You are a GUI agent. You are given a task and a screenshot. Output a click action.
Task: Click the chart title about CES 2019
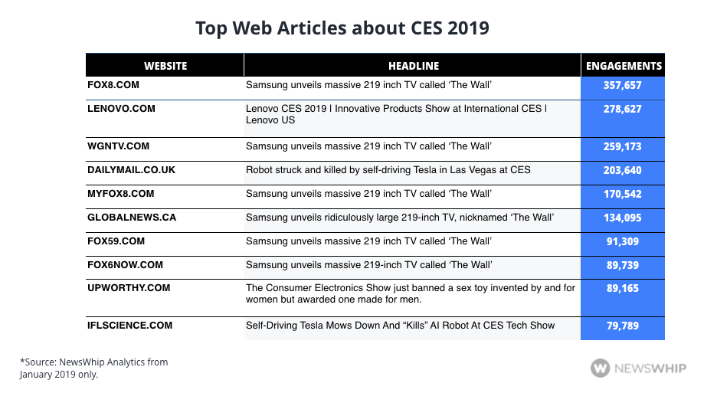342,28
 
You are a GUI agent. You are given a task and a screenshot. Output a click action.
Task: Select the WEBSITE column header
165,66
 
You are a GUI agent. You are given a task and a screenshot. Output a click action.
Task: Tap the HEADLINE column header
413,66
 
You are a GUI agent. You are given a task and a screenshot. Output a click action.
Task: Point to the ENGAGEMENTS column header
624,66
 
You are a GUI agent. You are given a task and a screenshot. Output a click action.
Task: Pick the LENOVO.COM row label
121,109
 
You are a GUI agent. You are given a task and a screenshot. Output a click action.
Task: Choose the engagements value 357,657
623,86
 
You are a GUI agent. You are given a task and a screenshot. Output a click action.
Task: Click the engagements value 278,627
623,110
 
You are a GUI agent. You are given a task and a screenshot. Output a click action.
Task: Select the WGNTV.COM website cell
119,146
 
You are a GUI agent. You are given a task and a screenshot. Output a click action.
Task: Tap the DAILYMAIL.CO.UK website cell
131,169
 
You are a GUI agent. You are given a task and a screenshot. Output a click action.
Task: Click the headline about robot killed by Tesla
388,169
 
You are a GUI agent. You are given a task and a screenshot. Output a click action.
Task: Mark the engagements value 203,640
623,170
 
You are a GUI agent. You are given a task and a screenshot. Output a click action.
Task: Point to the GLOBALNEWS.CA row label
132,218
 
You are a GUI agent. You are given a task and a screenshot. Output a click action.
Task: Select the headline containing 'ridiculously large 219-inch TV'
400,218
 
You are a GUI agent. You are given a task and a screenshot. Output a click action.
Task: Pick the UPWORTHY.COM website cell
129,288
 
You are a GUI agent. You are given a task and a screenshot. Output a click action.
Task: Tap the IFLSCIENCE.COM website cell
131,326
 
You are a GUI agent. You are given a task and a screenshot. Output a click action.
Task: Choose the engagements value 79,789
623,326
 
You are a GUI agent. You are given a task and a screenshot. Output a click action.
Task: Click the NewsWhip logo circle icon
601,368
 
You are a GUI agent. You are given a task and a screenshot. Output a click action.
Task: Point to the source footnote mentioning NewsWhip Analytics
93,368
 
